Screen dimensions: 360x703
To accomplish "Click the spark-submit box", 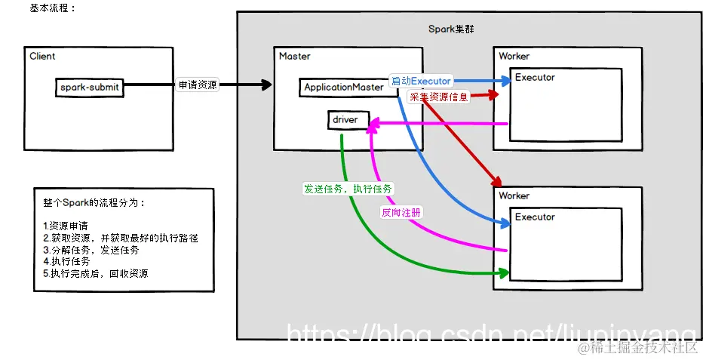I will click(x=90, y=87).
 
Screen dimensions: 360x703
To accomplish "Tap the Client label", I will click(x=42, y=57).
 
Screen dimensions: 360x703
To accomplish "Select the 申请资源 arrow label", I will click(x=198, y=85).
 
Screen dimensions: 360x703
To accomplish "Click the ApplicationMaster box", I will click(x=344, y=88).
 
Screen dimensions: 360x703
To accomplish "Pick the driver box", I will click(x=348, y=120).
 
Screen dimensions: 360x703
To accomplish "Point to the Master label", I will click(x=294, y=57).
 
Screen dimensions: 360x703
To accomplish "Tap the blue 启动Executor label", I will click(x=421, y=81).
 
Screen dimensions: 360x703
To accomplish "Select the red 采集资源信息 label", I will click(x=438, y=97).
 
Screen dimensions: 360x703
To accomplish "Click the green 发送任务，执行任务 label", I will click(x=347, y=189).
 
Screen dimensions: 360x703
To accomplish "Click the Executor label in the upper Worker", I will click(x=535, y=78).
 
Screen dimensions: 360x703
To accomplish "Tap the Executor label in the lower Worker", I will click(x=535, y=217).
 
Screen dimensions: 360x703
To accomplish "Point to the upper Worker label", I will click(x=514, y=57).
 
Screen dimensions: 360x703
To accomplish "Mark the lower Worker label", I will click(x=514, y=196).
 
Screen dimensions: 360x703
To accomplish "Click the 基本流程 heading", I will click(x=53, y=8).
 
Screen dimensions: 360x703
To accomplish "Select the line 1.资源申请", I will click(x=65, y=226).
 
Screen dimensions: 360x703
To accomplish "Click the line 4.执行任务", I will click(x=65, y=261).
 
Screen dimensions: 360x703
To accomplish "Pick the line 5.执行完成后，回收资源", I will click(x=96, y=273).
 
